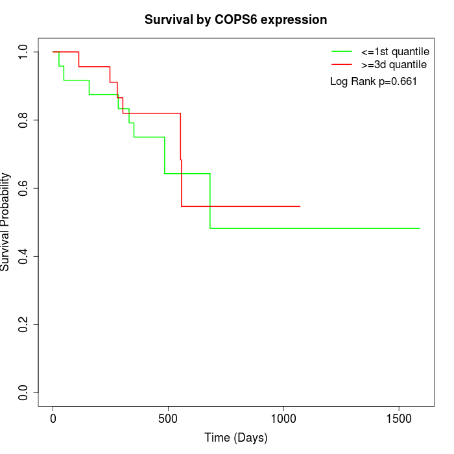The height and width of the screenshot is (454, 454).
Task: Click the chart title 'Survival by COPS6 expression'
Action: [x=235, y=20]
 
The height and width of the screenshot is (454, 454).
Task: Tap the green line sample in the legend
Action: [x=342, y=51]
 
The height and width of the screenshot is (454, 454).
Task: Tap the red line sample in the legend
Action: [x=342, y=64]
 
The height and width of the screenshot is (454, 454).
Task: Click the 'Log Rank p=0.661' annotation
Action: [x=374, y=82]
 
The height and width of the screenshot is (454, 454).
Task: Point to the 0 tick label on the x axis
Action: [x=53, y=418]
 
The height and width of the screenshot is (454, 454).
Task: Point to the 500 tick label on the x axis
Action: [x=168, y=418]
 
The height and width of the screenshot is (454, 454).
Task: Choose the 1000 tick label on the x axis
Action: [x=283, y=418]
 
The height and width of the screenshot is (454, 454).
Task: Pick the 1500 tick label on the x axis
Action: [x=398, y=418]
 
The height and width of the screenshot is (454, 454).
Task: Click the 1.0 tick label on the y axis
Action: [x=24, y=52]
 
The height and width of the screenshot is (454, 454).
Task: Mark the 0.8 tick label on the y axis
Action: [x=24, y=120]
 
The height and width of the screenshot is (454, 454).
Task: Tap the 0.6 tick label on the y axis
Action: [x=24, y=188]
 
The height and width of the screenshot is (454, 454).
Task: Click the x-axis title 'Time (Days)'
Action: [x=235, y=438]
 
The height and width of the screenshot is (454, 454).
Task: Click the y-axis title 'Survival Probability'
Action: [x=6, y=222]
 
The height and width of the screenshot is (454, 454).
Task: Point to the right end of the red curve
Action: [x=300, y=206]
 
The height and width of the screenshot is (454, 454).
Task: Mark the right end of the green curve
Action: [x=420, y=228]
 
